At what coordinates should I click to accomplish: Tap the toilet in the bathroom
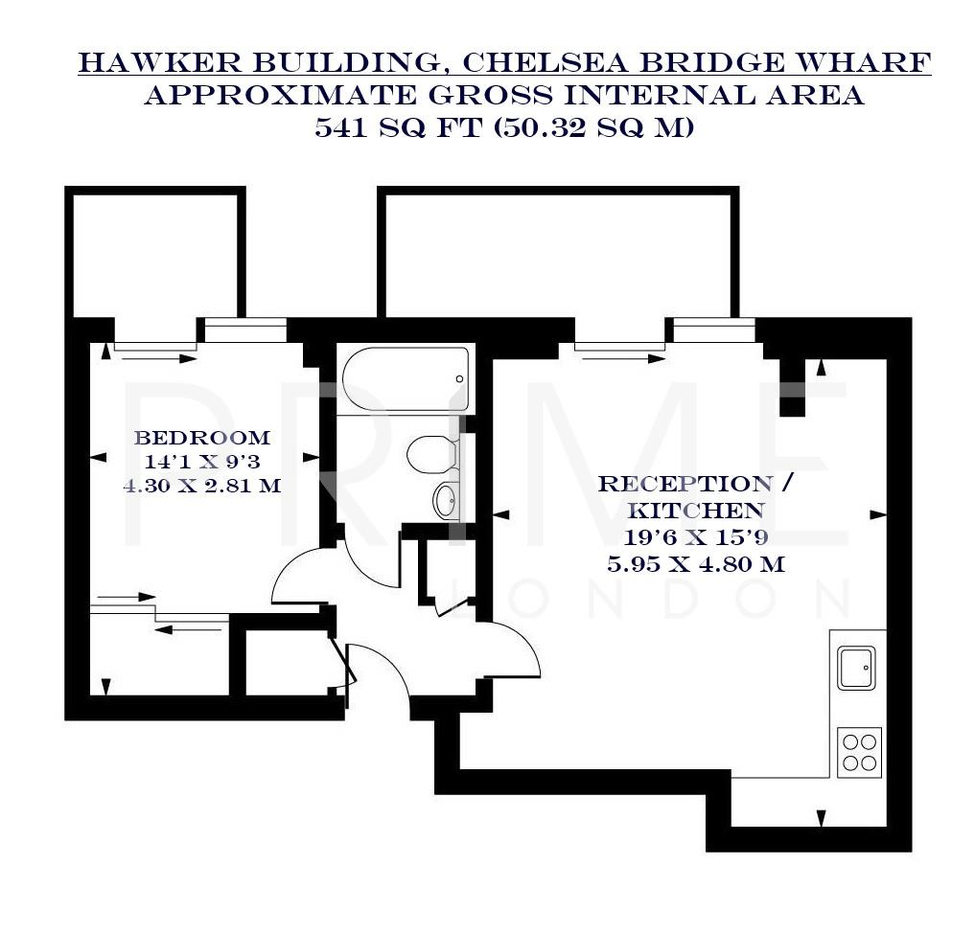[430, 454]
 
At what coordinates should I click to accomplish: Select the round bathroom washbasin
[446, 500]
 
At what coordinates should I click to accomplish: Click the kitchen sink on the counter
[856, 668]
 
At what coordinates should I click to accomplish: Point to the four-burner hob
[859, 752]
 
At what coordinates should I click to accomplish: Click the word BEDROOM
[202, 438]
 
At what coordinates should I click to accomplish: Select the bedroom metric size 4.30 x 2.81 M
[202, 485]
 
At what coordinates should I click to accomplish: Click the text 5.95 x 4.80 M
[696, 564]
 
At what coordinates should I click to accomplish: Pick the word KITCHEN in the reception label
[696, 511]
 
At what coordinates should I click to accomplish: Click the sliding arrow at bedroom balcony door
[153, 358]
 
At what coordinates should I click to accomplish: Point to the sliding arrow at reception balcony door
[620, 358]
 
